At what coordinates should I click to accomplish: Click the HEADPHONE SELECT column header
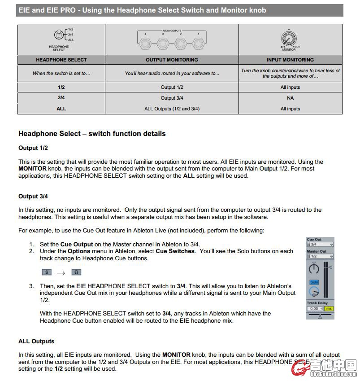point(61,60)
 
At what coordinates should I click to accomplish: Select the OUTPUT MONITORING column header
point(172,60)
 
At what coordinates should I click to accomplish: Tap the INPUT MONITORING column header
point(290,60)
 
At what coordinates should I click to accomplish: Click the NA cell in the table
point(290,98)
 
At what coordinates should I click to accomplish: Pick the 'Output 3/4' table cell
point(172,98)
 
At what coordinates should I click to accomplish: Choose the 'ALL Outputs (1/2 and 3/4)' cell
point(172,109)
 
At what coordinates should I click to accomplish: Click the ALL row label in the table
point(61,109)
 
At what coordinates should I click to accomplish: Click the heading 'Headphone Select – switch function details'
point(92,134)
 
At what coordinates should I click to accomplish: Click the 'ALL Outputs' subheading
point(36,342)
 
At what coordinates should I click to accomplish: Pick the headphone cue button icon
point(76,272)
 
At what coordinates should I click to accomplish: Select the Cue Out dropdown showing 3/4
point(320,245)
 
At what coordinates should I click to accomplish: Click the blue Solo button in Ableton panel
point(314,282)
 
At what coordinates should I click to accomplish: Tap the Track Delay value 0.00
point(314,309)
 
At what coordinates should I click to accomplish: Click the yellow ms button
point(329,309)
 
